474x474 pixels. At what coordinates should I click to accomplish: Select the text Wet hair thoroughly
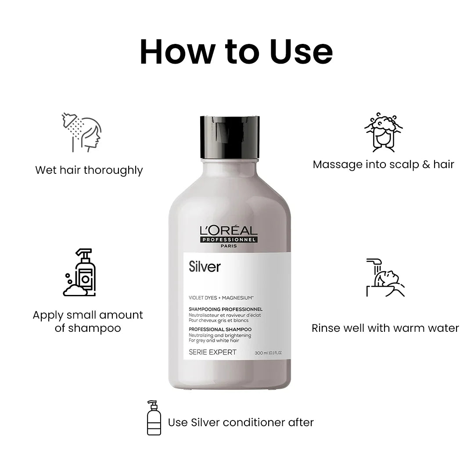[x=89, y=170]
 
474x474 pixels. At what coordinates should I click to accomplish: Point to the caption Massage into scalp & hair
[x=383, y=165]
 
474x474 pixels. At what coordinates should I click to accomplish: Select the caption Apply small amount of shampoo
[x=88, y=321]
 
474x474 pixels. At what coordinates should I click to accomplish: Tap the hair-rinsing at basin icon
[x=385, y=277]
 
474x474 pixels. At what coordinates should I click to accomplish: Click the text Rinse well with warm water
[x=385, y=328]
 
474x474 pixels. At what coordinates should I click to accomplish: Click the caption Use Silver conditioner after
[x=241, y=423]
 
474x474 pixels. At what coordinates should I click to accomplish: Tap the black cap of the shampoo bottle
[x=230, y=136]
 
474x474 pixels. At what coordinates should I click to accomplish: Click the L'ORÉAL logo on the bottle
[x=228, y=230]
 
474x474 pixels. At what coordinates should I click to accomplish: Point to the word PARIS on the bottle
[x=229, y=246]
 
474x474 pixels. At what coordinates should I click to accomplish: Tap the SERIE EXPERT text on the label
[x=212, y=352]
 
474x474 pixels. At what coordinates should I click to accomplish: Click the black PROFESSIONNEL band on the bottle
[x=229, y=240]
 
